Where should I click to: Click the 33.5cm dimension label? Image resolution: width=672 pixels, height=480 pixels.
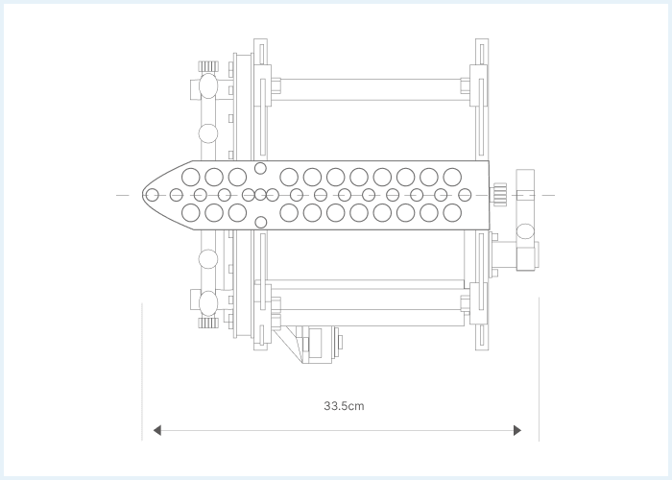pyautogui.click(x=344, y=406)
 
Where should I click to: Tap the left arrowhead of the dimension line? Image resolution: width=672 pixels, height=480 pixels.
pyautogui.click(x=157, y=430)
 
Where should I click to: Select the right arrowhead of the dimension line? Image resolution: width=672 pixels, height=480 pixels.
pyautogui.click(x=517, y=430)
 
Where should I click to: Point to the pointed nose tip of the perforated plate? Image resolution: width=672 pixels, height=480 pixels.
pyautogui.click(x=143, y=195)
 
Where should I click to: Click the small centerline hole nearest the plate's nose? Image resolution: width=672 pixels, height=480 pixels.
pyautogui.click(x=152, y=195)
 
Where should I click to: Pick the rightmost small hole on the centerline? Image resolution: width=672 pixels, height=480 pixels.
pyautogui.click(x=465, y=195)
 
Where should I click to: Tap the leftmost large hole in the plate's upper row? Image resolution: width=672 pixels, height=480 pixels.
pyautogui.click(x=191, y=177)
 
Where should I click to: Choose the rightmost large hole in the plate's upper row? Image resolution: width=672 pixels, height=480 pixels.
pyautogui.click(x=452, y=177)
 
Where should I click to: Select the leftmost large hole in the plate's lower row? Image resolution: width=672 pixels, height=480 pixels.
pyautogui.click(x=191, y=212)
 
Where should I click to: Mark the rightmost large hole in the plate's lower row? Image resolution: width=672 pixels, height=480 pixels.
pyautogui.click(x=452, y=212)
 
